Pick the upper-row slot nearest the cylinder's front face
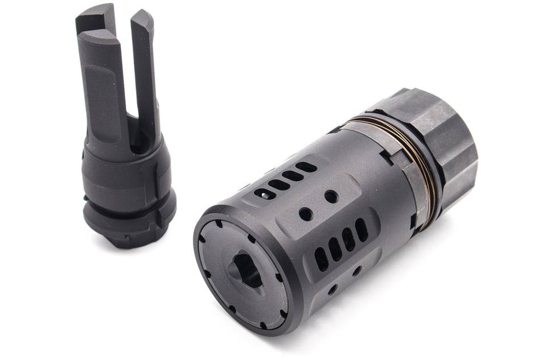[x=265, y=194]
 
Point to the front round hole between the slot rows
[x=305, y=214]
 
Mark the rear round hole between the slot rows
[x=331, y=197]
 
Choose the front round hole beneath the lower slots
[x=333, y=289]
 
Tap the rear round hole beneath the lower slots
[x=356, y=271]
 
